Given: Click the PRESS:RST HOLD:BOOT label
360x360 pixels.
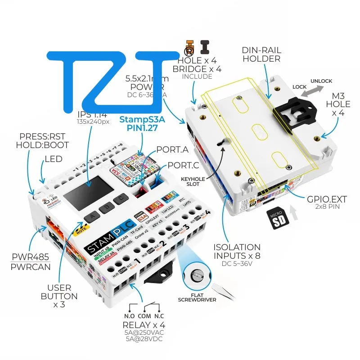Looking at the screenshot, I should click(42, 140).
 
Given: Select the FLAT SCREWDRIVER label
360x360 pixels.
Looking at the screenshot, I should click(197, 297).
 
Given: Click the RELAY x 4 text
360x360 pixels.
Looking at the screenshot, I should click(144, 325).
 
